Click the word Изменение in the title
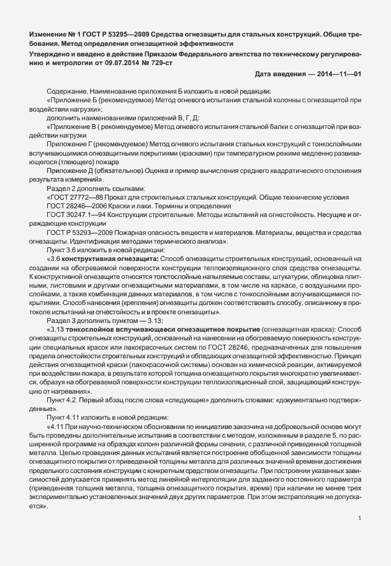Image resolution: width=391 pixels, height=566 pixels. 48,32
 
